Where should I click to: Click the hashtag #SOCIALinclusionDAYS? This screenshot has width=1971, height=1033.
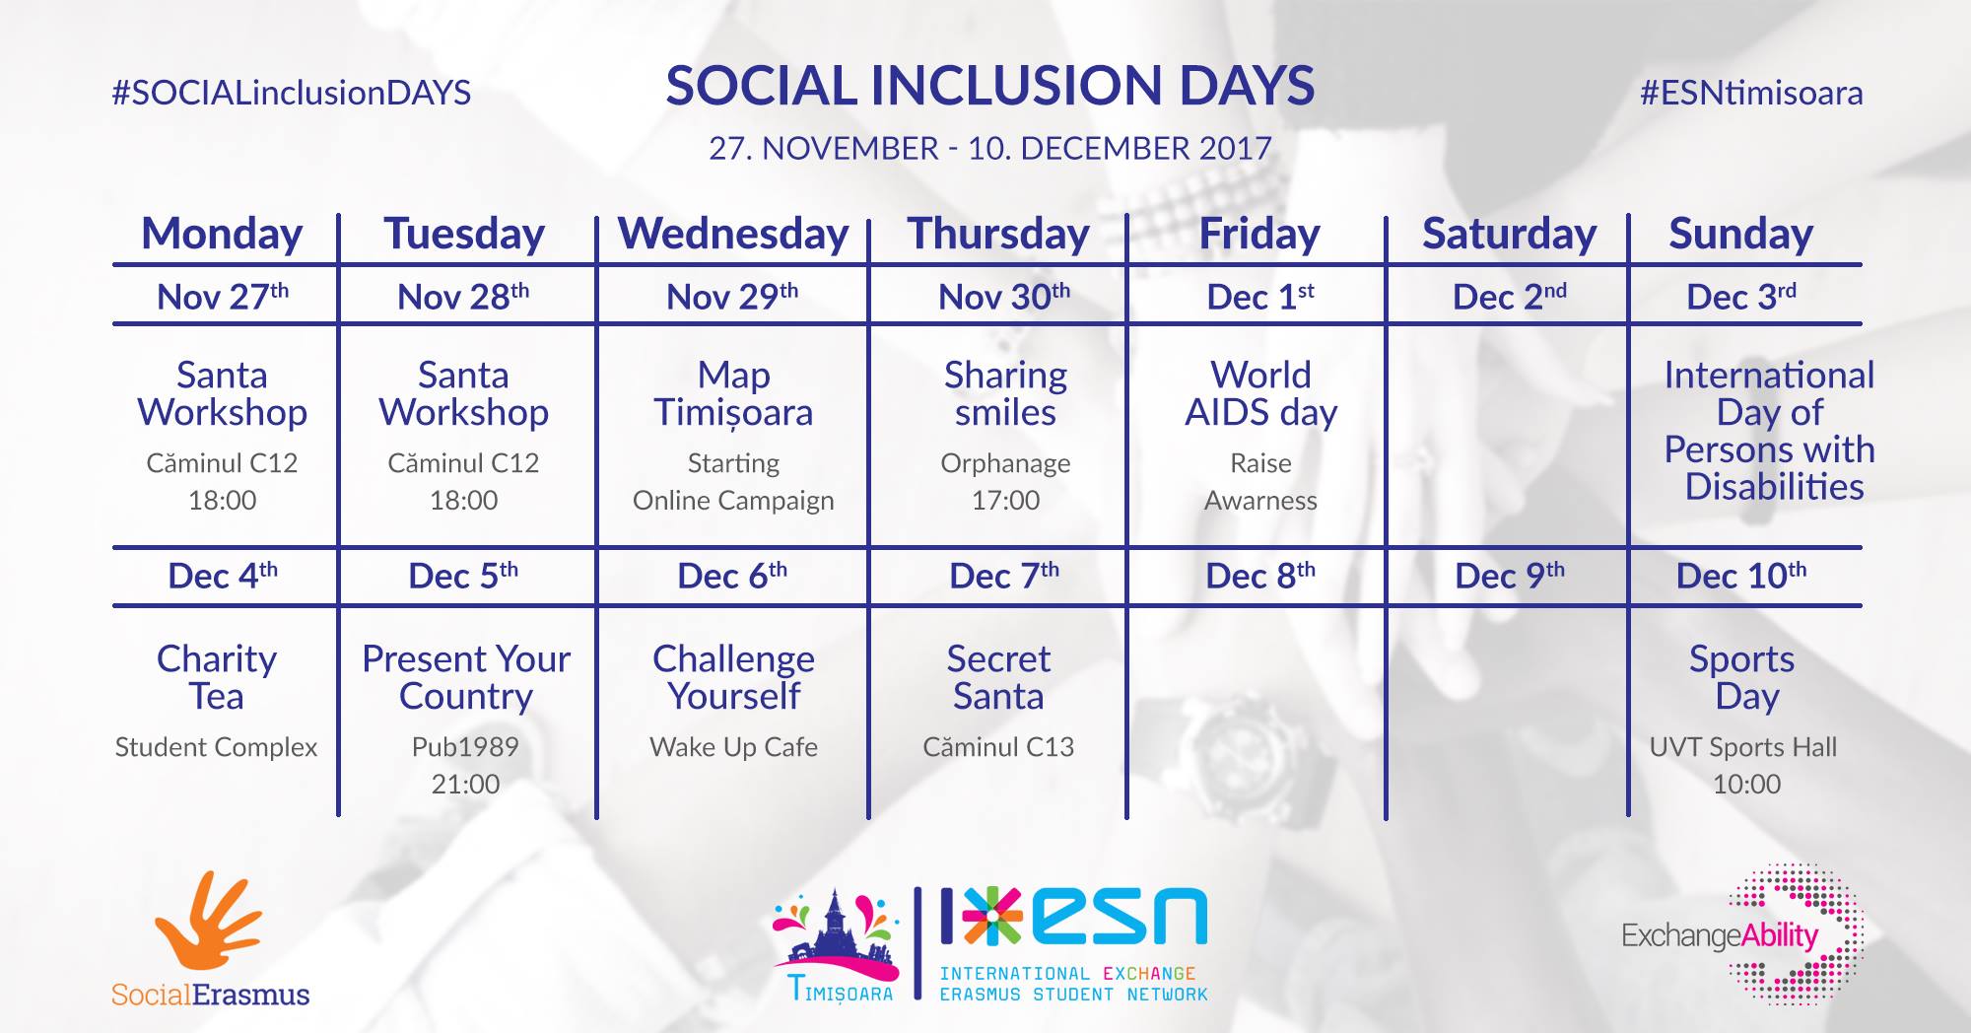(292, 93)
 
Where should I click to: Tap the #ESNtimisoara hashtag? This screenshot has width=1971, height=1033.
(1751, 93)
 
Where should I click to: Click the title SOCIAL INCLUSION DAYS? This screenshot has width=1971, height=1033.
(990, 86)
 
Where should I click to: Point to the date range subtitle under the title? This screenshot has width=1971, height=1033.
(990, 149)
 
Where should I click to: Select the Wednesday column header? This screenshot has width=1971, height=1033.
(733, 235)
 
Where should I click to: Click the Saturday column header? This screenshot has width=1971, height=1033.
(1509, 235)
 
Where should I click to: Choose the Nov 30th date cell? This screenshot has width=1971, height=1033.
(1004, 296)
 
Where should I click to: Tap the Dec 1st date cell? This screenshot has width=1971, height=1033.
(1260, 296)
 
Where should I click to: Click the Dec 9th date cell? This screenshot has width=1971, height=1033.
(1510, 576)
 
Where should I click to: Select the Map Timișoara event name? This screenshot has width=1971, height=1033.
(733, 394)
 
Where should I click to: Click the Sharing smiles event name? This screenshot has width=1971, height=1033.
(1005, 393)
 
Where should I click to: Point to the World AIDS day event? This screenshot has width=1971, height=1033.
(1261, 394)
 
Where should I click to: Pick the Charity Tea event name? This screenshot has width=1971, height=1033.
(217, 677)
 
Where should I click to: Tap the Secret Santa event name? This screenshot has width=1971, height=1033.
(998, 677)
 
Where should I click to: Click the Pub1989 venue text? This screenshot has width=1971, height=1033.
(465, 747)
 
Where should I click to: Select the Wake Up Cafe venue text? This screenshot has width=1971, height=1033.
(733, 747)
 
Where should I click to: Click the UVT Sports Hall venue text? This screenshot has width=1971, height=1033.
(1743, 747)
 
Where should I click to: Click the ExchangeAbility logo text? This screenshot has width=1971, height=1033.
(1720, 935)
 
